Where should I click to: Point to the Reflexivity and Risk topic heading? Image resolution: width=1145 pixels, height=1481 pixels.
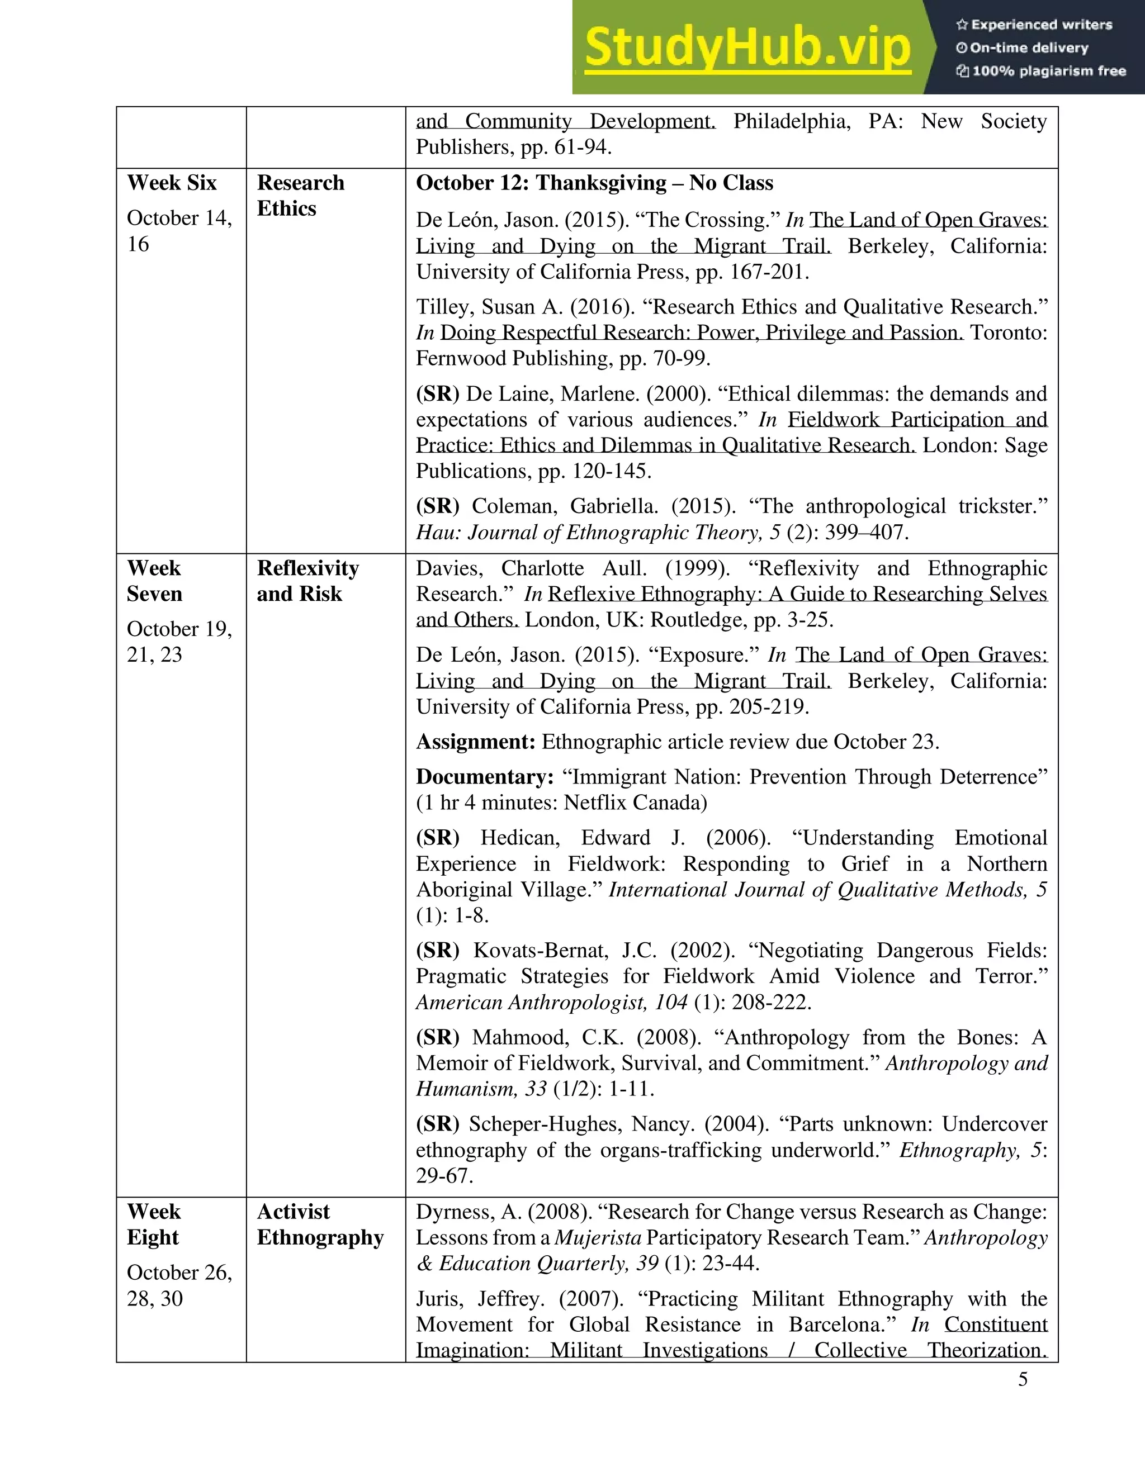[307, 581]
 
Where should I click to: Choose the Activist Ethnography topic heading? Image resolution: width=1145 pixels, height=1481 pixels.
[320, 1224]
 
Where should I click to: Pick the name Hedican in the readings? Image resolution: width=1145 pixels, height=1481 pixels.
[519, 838]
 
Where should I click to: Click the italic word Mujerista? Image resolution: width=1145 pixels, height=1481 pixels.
[598, 1237]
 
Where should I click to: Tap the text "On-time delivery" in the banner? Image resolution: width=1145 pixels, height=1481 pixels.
[1028, 48]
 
